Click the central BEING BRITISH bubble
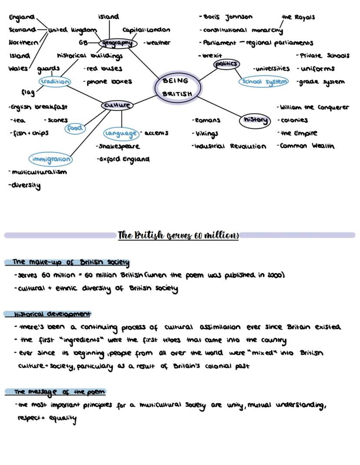point(177,87)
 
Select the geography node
point(117,43)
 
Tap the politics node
point(227,64)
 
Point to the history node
point(255,120)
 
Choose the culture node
point(117,105)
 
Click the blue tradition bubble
point(54,81)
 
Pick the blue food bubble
point(75,128)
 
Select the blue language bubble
point(121,133)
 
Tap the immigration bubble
point(51,159)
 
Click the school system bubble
point(264,81)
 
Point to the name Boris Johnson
point(228,17)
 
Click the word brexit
point(212,56)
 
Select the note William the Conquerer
point(314,107)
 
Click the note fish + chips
point(30,133)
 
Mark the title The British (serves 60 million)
point(178,235)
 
